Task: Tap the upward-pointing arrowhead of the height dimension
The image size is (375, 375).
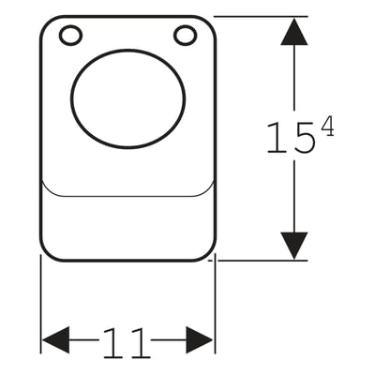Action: tap(294, 31)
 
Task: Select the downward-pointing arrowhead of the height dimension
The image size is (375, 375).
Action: tap(294, 246)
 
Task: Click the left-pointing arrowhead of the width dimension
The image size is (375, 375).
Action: tap(55, 340)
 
